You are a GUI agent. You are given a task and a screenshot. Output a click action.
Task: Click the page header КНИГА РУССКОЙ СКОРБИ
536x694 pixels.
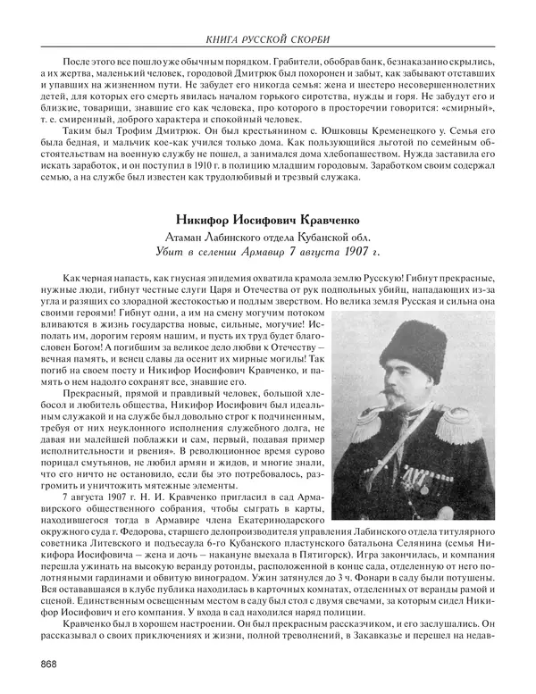tap(267, 15)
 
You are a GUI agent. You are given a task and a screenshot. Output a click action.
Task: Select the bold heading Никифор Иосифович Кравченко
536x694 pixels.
tap(267, 217)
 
